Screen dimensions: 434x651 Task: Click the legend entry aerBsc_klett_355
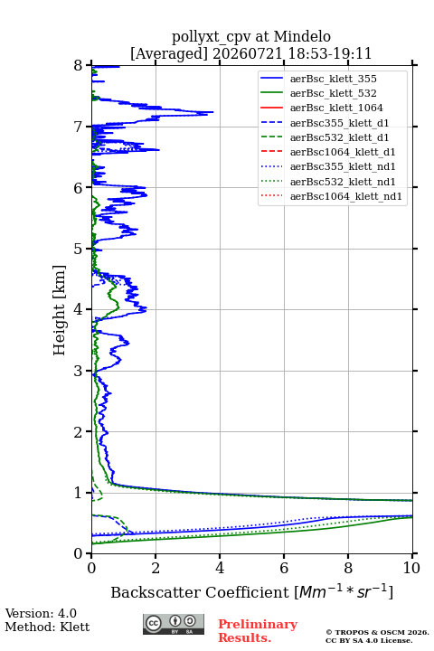[333, 79]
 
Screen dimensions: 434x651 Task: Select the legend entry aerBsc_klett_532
[333, 93]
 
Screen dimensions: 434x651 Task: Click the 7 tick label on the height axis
[79, 127]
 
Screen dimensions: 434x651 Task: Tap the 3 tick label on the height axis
[79, 371]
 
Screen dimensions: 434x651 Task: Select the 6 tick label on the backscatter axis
[284, 568]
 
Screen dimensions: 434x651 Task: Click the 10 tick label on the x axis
[412, 568]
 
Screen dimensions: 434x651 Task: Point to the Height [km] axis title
[60, 310]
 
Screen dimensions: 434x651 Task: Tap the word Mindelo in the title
[302, 36]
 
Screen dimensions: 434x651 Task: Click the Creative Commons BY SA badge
[174, 624]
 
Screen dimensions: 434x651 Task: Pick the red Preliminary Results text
[258, 631]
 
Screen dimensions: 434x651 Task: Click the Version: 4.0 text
[41, 613]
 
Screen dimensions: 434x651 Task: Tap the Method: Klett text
[47, 627]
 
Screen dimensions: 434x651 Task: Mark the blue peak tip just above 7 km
[213, 112]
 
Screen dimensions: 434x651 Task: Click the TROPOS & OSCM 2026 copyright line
[377, 632]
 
